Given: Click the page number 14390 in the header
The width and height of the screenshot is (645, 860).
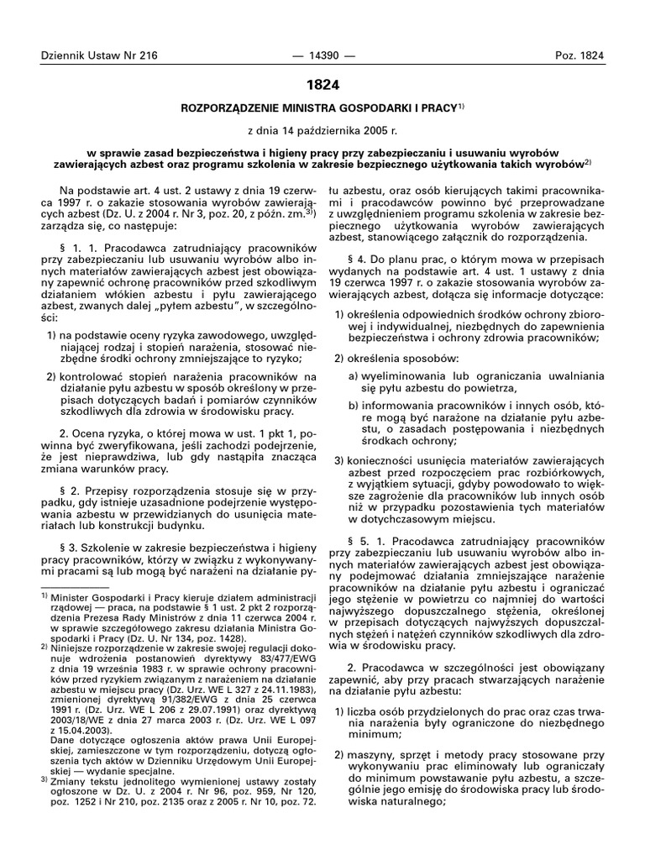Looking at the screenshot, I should [x=322, y=56].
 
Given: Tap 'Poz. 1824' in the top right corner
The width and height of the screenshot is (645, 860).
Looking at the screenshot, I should [x=579, y=56].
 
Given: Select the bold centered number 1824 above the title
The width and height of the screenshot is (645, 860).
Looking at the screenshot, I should [x=322, y=86].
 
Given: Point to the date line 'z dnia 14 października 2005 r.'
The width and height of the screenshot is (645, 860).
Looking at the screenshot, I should [x=322, y=132].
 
